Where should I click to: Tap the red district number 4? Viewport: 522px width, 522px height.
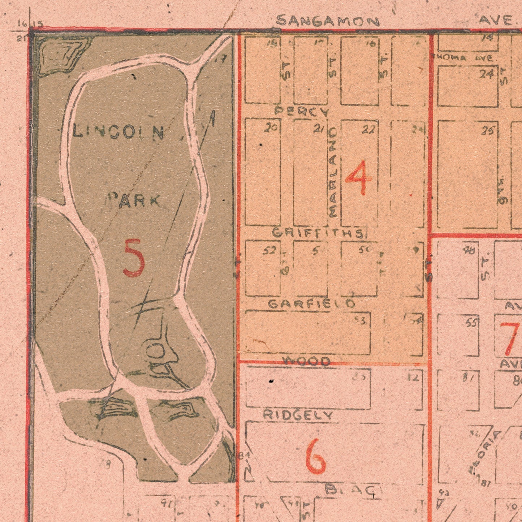click(358, 178)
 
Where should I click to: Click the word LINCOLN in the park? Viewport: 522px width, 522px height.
click(118, 132)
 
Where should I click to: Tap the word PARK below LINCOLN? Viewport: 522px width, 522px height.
click(134, 200)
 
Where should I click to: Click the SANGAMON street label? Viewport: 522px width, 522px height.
click(328, 21)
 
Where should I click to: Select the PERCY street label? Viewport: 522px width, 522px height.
click(302, 111)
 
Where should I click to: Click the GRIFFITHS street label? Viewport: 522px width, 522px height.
click(318, 233)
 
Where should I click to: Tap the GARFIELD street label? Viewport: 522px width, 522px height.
click(311, 304)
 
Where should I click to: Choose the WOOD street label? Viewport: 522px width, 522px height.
click(306, 361)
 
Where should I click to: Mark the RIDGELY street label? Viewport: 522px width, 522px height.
click(297, 415)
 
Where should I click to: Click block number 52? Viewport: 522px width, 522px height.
click(269, 250)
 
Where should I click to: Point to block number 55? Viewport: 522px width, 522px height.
click(471, 322)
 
